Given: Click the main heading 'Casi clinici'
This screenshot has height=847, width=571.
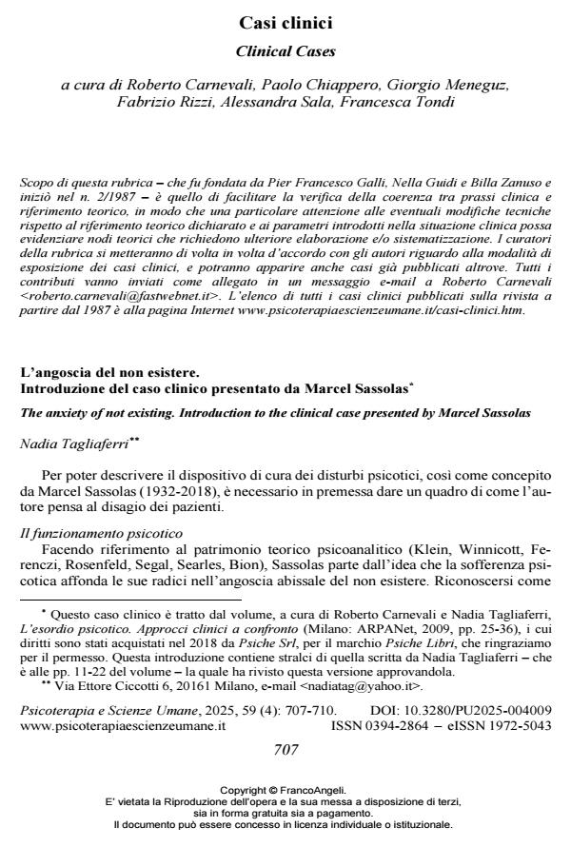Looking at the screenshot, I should (x=285, y=20).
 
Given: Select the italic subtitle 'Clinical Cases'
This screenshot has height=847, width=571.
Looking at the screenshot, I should (x=285, y=49).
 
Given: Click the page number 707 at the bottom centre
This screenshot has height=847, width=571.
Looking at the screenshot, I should (x=285, y=749).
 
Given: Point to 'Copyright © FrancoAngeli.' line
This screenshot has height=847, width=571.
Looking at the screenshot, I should (x=285, y=789).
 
